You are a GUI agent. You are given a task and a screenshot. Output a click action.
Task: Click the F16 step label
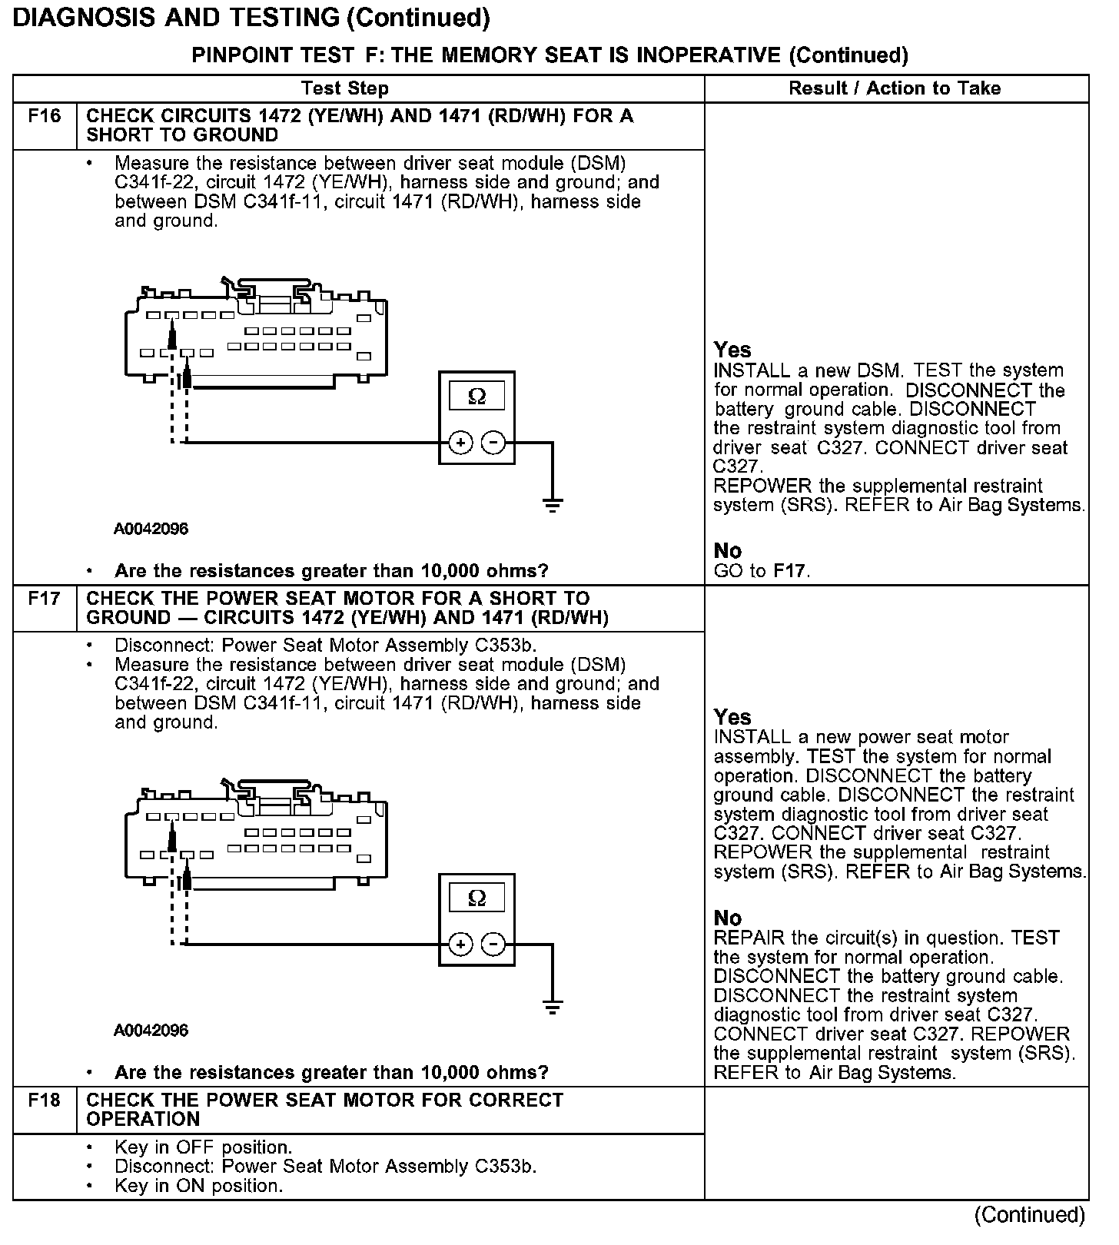pyautogui.click(x=44, y=117)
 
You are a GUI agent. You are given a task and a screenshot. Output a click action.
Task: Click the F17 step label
pyautogui.click(x=44, y=599)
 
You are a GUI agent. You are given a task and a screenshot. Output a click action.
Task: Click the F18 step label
pyautogui.click(x=44, y=1101)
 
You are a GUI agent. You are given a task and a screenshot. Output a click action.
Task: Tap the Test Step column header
pyautogui.click(x=344, y=88)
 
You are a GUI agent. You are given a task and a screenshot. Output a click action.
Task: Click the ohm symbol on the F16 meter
pyautogui.click(x=476, y=397)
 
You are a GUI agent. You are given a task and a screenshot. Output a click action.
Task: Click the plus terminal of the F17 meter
pyautogui.click(x=460, y=945)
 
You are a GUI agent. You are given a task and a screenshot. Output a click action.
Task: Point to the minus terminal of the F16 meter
pyautogui.click(x=493, y=443)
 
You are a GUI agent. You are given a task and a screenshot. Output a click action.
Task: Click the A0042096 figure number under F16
pyautogui.click(x=151, y=529)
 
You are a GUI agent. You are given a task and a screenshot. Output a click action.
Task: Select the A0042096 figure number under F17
pyautogui.click(x=151, y=1030)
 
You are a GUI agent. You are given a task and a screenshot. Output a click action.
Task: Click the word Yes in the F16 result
pyautogui.click(x=732, y=350)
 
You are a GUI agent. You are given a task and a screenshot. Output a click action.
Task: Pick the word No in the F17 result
pyautogui.click(x=727, y=918)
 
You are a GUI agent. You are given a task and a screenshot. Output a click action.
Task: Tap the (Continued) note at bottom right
pyautogui.click(x=1029, y=1215)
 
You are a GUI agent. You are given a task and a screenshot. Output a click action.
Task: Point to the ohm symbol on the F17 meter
pyautogui.click(x=476, y=898)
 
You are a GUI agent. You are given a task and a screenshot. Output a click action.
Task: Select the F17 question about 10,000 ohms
pyautogui.click(x=331, y=1072)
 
